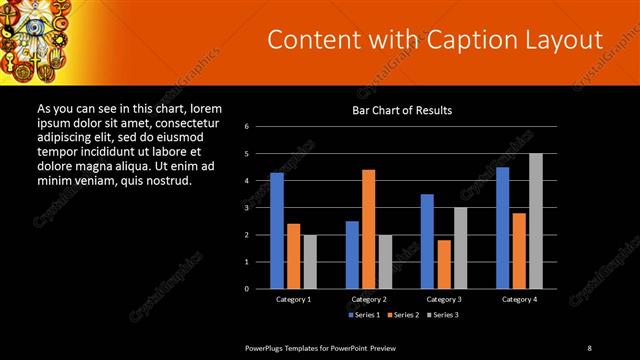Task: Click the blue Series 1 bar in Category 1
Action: click(x=277, y=231)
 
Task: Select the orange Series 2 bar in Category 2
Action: click(x=368, y=229)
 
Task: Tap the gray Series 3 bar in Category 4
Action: click(x=536, y=221)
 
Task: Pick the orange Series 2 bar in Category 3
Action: click(x=444, y=264)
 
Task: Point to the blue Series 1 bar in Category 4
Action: click(x=502, y=228)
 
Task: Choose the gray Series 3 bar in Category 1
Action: click(x=310, y=262)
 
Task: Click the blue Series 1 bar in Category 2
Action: click(x=352, y=255)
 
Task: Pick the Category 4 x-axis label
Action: click(x=519, y=299)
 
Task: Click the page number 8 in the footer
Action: click(x=590, y=347)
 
